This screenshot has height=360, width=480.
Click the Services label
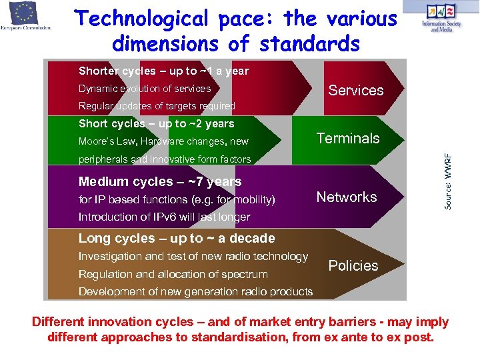coord(355,90)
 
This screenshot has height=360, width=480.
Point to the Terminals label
coord(347,139)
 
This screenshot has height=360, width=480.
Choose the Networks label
coord(346,197)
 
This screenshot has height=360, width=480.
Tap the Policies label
coord(353,265)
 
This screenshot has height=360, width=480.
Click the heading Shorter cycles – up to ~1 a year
coord(163,71)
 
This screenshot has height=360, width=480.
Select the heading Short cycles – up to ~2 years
coord(156,123)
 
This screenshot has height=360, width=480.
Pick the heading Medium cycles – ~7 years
coord(160,181)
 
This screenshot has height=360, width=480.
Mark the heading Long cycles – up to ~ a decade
coord(177,238)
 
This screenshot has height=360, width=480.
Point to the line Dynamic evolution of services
coord(145,89)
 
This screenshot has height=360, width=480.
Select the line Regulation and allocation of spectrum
coord(173,274)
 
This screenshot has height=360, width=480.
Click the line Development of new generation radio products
coord(195,291)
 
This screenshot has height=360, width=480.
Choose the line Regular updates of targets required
coord(157,106)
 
